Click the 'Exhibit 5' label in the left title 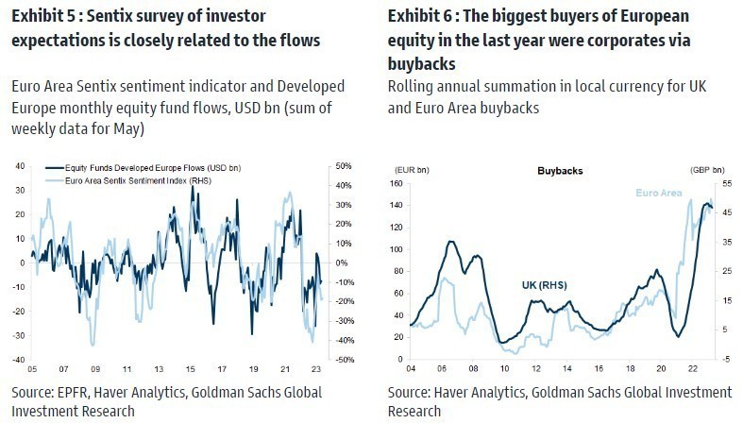tap(45, 18)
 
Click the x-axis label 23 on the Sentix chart tap(313, 369)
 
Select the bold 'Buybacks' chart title tap(560, 172)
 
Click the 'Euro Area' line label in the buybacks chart tap(660, 192)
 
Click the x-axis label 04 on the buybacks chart tap(413, 369)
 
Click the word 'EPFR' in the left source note tap(76, 392)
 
